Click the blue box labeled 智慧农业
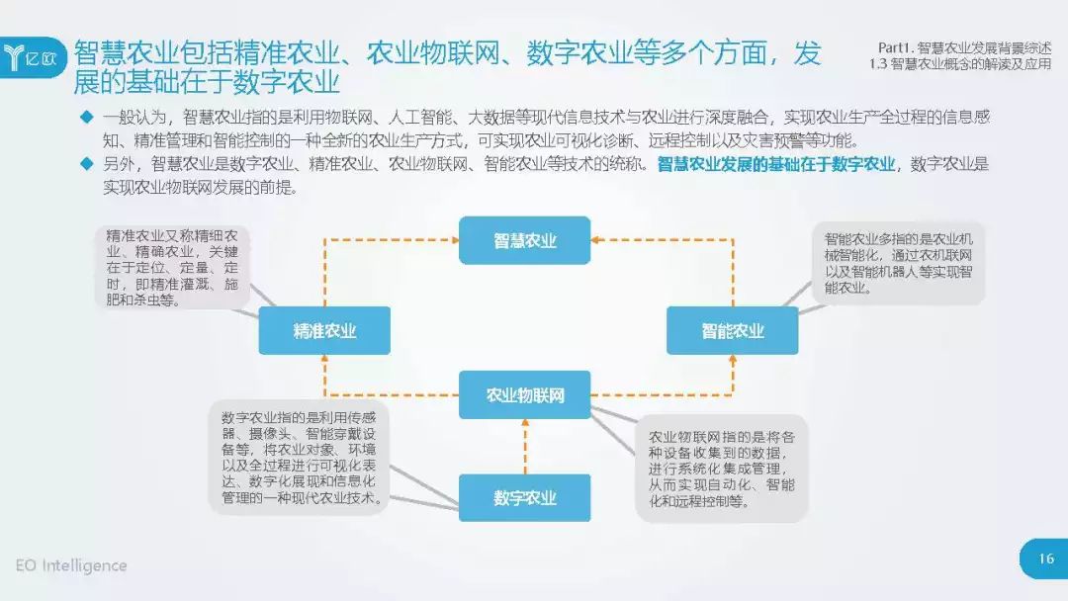pos(524,240)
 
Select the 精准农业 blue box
pos(324,331)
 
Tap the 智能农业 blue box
pos(733,331)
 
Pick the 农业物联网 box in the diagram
pos(524,395)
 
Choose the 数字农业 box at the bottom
pos(524,497)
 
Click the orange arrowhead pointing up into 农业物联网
pos(525,426)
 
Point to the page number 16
pos(1045,558)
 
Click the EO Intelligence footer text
pos(71,565)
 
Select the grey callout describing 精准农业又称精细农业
pos(172,267)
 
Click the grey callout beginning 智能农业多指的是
pos(898,265)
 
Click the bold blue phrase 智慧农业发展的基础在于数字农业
pos(775,164)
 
